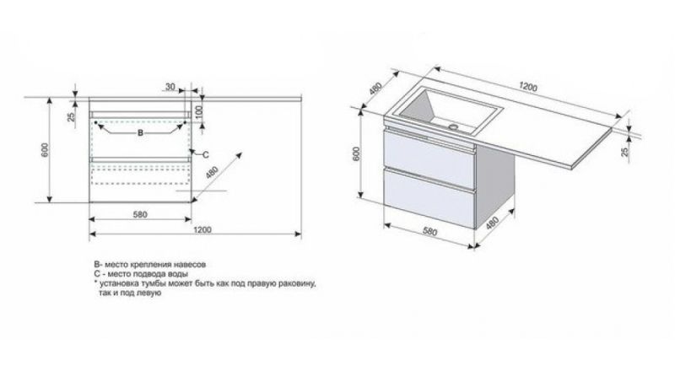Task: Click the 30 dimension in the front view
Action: pos(170,87)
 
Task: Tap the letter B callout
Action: pos(140,133)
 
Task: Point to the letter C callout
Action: pos(205,154)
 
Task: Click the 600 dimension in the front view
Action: pos(46,149)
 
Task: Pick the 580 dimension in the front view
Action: pos(140,214)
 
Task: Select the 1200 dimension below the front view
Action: pos(202,229)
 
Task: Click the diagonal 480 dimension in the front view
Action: pos(213,172)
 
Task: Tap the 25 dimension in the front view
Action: pos(71,116)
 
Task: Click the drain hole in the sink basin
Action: pos(453,127)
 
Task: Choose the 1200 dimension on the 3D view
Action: pos(528,87)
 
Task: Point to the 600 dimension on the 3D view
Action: pos(356,153)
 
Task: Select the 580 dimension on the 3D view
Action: pos(429,232)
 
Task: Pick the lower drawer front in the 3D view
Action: pos(429,198)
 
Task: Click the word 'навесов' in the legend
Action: pos(191,264)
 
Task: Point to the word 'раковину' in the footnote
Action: pos(297,284)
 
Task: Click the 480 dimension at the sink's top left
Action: pos(375,89)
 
